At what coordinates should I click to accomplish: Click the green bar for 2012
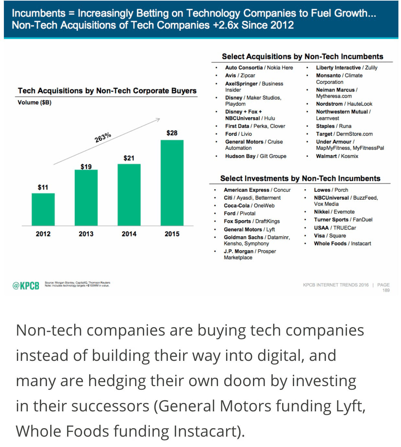[43, 209]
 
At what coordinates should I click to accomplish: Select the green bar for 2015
[172, 183]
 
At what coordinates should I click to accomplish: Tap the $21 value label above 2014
[129, 158]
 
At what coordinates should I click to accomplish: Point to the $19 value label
[86, 167]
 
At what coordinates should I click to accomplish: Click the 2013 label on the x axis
[86, 234]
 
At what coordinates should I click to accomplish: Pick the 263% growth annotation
[103, 137]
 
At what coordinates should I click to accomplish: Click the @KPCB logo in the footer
[26, 286]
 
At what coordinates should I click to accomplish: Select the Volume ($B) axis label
[35, 103]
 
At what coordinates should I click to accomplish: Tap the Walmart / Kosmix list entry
[337, 156]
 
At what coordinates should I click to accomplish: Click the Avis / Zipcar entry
[240, 75]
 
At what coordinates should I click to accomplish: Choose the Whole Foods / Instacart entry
[342, 244]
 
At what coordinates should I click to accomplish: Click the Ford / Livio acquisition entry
[238, 134]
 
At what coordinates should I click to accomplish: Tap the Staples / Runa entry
[334, 126]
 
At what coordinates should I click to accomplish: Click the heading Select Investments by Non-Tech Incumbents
[300, 178]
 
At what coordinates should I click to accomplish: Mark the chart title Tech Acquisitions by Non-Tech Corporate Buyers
[107, 91]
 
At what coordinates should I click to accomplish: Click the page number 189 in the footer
[386, 291]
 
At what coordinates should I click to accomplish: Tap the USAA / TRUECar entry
[335, 228]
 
